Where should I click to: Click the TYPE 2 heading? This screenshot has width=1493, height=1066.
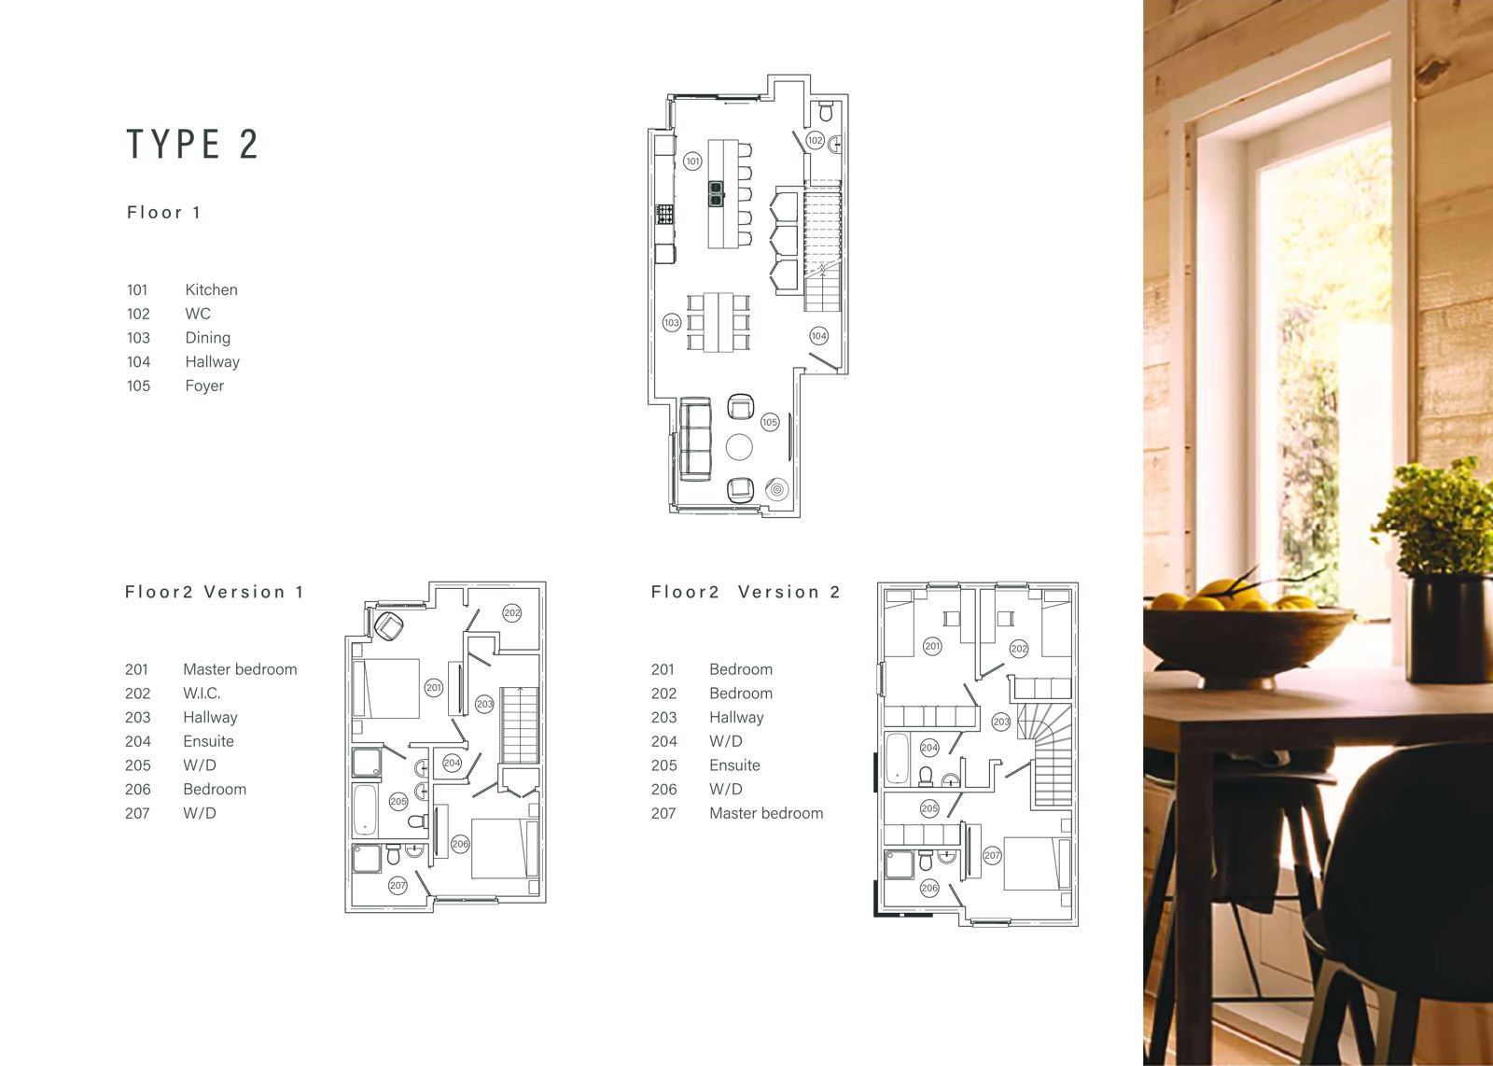coord(192,144)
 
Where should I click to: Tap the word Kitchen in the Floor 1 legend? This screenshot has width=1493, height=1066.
coord(211,289)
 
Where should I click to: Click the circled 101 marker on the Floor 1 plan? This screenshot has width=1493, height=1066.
coord(692,161)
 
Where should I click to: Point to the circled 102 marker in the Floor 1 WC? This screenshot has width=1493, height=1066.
coord(815,140)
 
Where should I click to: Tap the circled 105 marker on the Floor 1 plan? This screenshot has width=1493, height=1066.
coord(770,421)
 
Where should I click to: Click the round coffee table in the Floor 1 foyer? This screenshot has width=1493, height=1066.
coord(739,447)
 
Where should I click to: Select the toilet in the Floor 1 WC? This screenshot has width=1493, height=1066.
coord(826,111)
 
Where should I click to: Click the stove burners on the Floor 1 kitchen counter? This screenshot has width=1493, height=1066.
coord(665,214)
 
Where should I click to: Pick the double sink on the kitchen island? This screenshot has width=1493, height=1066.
coord(717,194)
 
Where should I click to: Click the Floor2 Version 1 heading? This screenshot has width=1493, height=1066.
coord(214,592)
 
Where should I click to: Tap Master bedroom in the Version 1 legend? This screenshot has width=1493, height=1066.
coord(240,669)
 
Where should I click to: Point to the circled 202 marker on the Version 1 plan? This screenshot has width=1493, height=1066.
coord(512,612)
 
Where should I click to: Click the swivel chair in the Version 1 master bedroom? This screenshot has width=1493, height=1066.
coord(389,626)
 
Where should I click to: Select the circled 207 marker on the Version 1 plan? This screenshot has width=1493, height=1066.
coord(398,885)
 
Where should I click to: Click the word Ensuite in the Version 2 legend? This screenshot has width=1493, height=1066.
coord(734,765)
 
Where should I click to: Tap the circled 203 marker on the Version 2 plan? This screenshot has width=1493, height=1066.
coord(1001,722)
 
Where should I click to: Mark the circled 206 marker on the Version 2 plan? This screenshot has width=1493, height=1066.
coord(929,888)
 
